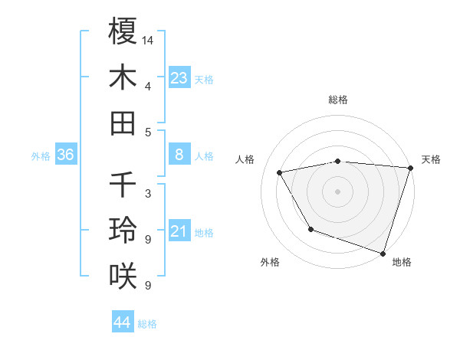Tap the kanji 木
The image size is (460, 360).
click(123, 77)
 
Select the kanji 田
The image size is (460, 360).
click(123, 123)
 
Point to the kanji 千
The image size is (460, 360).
click(123, 185)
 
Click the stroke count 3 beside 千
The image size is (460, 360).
click(147, 193)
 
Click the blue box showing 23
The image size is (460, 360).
click(179, 77)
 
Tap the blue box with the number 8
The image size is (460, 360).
click(179, 155)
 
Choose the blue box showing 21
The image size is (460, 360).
click(179, 231)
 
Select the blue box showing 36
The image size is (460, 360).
click(66, 155)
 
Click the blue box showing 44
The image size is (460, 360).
click(123, 322)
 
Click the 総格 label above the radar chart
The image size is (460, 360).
click(337, 100)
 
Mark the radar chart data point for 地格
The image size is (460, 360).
click(383, 253)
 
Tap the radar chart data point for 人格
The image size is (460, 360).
click(280, 172)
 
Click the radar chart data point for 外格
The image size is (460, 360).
click(310, 229)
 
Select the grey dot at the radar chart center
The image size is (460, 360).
click(337, 191)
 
